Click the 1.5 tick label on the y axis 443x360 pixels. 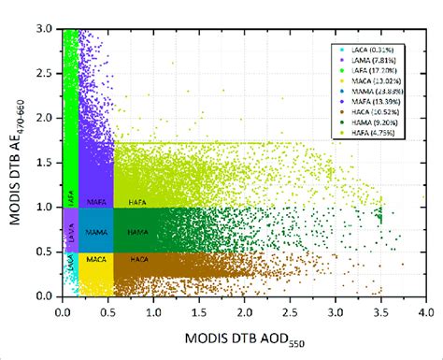point(48,163)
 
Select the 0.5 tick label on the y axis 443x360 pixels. point(48,252)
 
